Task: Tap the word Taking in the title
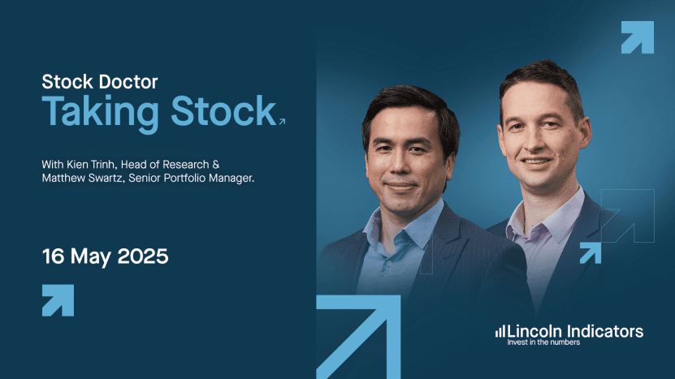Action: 100,113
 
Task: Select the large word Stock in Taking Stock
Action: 223,110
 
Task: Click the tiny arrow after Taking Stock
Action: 282,122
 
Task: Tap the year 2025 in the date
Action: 142,256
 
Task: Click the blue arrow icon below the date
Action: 58,300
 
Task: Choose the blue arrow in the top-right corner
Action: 638,37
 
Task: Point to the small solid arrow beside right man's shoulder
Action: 591,253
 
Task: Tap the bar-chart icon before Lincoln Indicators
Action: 500,331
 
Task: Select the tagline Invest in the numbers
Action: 543,342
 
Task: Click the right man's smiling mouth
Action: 537,162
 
